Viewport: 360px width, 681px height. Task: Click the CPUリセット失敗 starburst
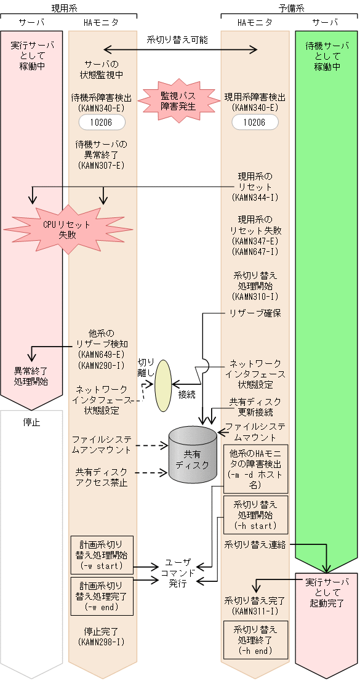(66, 229)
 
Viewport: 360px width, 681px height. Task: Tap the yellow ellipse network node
(163, 385)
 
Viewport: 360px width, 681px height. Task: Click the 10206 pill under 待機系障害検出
(102, 123)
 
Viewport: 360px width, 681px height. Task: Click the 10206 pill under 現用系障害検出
(254, 123)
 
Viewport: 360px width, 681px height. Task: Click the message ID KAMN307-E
(102, 165)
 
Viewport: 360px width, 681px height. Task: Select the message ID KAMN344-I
(255, 198)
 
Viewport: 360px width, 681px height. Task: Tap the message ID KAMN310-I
(255, 297)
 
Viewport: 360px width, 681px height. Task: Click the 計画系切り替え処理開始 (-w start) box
(102, 554)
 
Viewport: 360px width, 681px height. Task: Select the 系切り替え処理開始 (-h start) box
(255, 515)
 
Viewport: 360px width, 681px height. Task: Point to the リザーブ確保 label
(255, 313)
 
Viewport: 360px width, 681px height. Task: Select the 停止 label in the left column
(31, 422)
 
